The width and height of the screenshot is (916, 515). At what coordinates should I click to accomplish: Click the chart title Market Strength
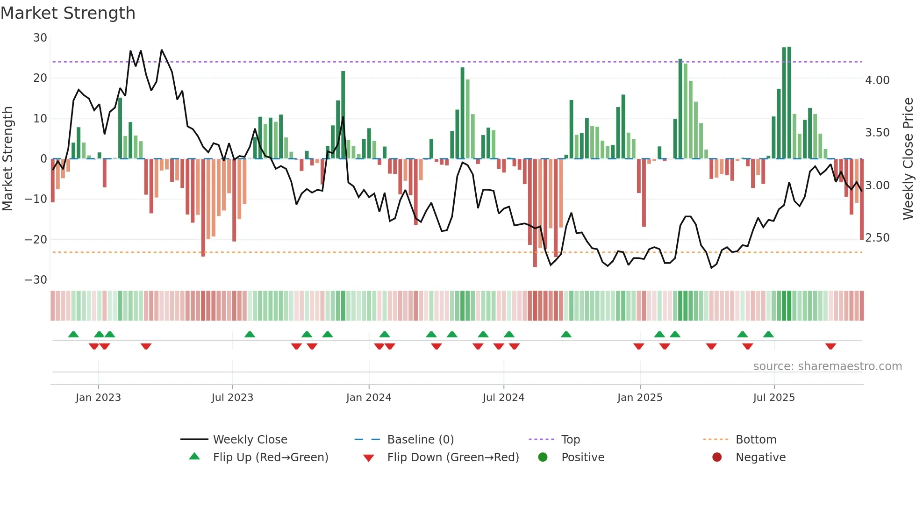[x=68, y=13]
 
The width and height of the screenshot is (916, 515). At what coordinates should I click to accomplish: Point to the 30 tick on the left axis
[x=40, y=38]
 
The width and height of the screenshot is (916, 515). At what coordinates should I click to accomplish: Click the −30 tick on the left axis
[x=36, y=280]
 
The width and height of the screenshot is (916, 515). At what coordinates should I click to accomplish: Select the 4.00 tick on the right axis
[x=877, y=80]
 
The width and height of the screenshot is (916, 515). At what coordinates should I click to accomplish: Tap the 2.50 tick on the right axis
[x=877, y=238]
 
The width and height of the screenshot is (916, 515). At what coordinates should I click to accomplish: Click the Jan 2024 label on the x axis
[x=369, y=398]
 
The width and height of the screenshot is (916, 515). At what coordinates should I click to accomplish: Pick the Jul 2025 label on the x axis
[x=774, y=398]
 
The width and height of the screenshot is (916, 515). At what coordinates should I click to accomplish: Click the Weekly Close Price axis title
[x=908, y=158]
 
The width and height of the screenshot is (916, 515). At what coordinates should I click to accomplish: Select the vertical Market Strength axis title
[x=8, y=158]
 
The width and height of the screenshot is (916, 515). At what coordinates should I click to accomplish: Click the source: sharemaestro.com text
[x=827, y=366]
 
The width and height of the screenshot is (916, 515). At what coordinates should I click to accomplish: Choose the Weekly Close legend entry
[x=250, y=440]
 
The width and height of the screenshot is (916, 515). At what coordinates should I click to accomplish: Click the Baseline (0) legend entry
[x=420, y=440]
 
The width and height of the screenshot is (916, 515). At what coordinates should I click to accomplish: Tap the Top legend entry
[x=570, y=440]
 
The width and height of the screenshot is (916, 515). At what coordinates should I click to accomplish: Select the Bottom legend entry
[x=756, y=440]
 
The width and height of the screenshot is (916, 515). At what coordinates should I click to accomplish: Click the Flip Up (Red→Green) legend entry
[x=270, y=458]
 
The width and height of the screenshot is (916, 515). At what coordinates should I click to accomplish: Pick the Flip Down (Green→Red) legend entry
[x=452, y=458]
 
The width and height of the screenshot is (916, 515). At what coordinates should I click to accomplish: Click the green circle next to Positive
[x=543, y=457]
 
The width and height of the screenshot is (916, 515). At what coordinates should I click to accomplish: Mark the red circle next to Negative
[x=717, y=457]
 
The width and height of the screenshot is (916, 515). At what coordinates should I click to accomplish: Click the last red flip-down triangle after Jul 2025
[x=830, y=346]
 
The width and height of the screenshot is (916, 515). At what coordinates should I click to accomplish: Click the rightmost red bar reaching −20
[x=862, y=201]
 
